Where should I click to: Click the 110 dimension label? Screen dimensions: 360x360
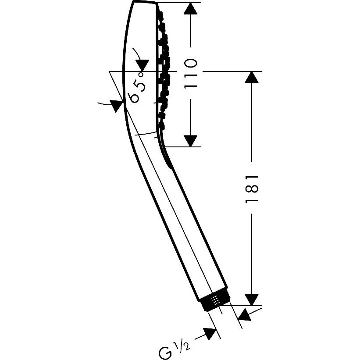click(190, 74)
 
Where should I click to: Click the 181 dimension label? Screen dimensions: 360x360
click(252, 189)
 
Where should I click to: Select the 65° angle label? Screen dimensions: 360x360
click(137, 88)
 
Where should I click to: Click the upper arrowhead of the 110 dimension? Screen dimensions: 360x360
click(190, 9)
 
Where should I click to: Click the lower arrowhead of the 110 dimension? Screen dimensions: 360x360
click(190, 141)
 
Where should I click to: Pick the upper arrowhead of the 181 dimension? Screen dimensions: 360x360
click(252, 77)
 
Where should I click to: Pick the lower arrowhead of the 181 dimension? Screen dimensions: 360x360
click(252, 300)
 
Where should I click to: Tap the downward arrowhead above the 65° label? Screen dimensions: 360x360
click(142, 65)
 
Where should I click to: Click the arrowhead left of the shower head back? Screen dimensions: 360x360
click(116, 106)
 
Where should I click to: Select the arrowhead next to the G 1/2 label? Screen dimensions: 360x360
click(210, 334)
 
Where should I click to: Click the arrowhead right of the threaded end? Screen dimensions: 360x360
click(244, 315)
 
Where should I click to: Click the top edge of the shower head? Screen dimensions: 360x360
click(145, 2)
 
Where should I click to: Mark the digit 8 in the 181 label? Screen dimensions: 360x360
click(252, 189)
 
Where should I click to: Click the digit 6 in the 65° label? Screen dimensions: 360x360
click(135, 98)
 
